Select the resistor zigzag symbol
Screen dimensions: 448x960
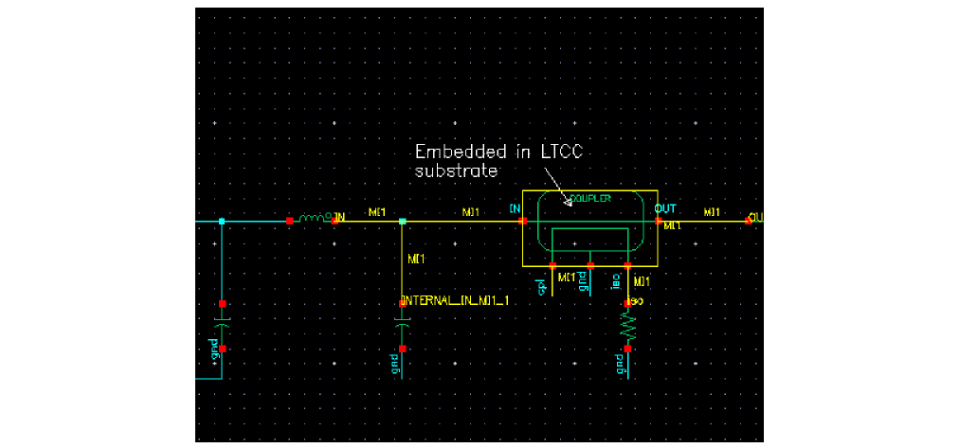pyautogui.click(x=627, y=328)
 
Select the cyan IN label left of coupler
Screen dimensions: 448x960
pyautogui.click(x=515, y=207)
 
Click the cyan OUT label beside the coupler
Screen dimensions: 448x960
pyautogui.click(x=664, y=207)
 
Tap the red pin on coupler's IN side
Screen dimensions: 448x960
pyautogui.click(x=522, y=221)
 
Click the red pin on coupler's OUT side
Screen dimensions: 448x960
pyautogui.click(x=659, y=221)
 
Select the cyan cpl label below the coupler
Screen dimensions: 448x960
pyautogui.click(x=543, y=287)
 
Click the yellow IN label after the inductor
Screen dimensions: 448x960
pyautogui.click(x=339, y=218)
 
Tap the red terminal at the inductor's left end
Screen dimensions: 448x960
pyautogui.click(x=290, y=221)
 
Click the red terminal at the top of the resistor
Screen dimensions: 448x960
pyautogui.click(x=627, y=303)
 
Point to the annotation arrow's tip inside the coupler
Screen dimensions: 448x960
pyautogui.click(x=566, y=204)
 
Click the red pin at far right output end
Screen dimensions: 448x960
pyautogui.click(x=750, y=221)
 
